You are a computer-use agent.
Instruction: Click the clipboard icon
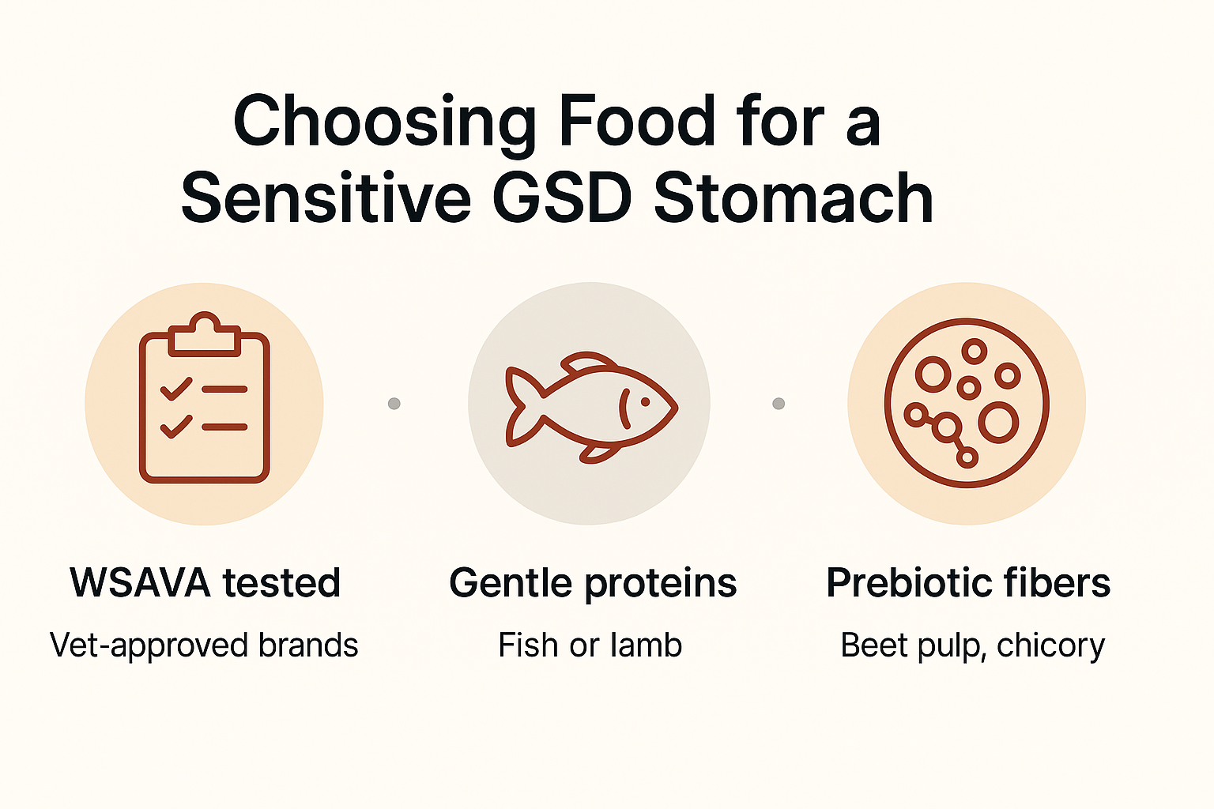click(x=205, y=403)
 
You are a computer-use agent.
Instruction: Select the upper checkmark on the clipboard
click(x=175, y=389)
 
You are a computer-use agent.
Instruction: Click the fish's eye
click(x=646, y=402)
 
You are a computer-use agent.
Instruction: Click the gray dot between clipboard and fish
click(x=394, y=404)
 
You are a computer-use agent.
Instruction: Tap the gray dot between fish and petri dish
click(x=779, y=404)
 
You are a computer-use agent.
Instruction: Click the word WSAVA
click(x=140, y=584)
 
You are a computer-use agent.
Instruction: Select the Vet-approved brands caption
click(x=204, y=645)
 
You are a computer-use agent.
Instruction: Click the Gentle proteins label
click(x=593, y=584)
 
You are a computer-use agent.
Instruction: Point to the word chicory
click(x=1050, y=645)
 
